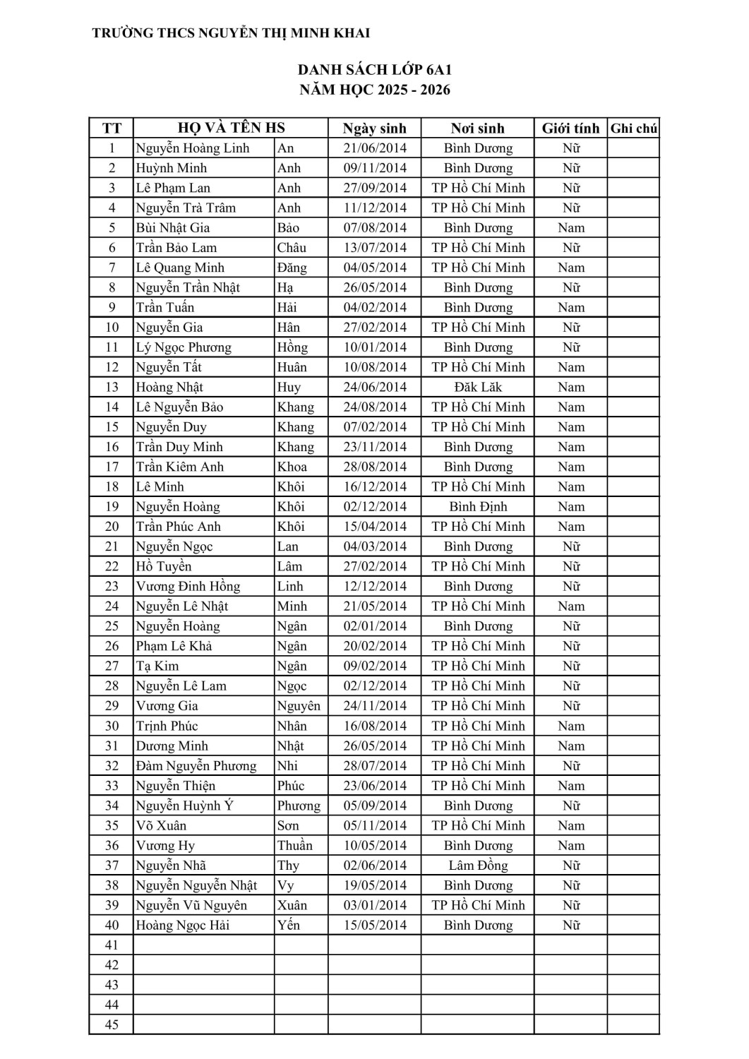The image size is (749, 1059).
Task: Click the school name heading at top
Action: [x=231, y=33]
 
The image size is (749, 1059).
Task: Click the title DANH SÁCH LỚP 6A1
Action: [x=374, y=70]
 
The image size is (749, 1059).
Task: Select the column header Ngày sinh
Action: [x=374, y=128]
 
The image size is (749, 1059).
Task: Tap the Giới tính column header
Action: [x=570, y=128]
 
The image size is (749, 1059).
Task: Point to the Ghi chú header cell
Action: [x=633, y=128]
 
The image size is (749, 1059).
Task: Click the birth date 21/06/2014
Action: [x=374, y=148]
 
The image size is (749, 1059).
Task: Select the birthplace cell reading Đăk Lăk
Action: [x=478, y=387]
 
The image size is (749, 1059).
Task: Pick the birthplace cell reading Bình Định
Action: [x=478, y=507]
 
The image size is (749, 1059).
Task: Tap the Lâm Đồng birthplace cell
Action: [x=478, y=866]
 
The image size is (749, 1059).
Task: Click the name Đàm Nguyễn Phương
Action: [x=196, y=766]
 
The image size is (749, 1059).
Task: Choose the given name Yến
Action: [x=288, y=926]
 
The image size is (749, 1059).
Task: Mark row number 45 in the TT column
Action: [x=112, y=1025]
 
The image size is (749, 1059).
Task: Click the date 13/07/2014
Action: [x=374, y=248]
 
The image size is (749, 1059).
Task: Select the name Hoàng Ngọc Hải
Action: [x=182, y=926]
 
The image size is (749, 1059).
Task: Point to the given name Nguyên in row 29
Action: [x=298, y=706]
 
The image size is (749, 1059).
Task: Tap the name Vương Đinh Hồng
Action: [x=188, y=587]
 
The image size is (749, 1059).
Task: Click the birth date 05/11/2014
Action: [x=374, y=826]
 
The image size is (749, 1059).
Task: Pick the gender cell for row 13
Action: [x=570, y=387]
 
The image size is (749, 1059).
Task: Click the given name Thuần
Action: [x=294, y=846]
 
